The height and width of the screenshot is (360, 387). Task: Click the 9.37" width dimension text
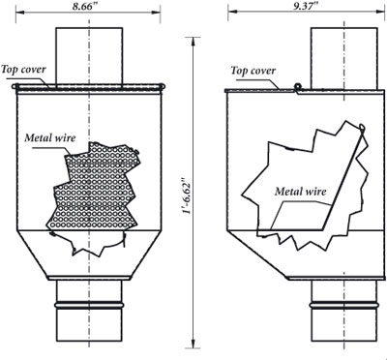pos(306,7)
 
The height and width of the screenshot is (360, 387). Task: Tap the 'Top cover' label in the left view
pos(23,70)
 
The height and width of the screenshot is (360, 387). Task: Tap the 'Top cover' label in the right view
pos(253,71)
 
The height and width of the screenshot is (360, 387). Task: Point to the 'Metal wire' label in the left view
pos(50,137)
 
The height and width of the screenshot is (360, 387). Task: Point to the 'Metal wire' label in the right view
pos(300,192)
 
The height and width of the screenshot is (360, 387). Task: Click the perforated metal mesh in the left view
pos(95,187)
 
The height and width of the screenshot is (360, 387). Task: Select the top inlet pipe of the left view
pos(89,57)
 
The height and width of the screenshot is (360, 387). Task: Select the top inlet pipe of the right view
pos(343,58)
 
